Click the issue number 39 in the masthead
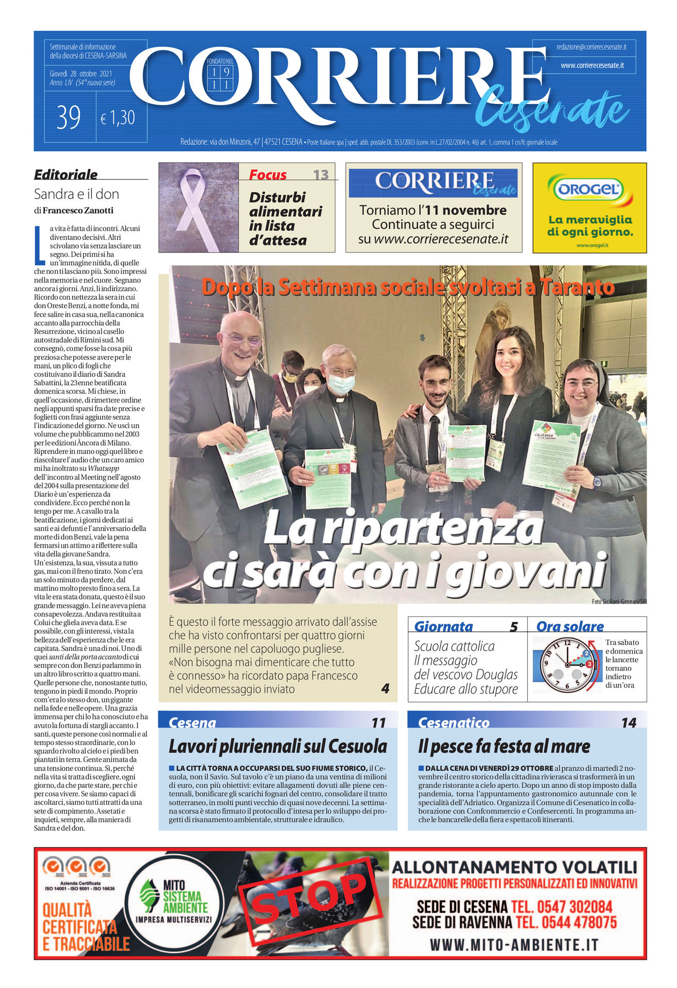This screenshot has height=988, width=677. pos(68,118)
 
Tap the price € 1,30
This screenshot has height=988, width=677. pos(118,118)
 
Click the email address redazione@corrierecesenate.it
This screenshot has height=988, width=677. pos(591,47)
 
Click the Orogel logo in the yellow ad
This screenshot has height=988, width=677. pos(589,189)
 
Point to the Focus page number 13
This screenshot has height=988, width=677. pos(321,175)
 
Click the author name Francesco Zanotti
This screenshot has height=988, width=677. pos(78,210)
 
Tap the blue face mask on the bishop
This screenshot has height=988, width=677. pos(341,383)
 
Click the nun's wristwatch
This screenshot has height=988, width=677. pos(597,482)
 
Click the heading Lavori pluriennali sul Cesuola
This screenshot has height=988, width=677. pos(277,746)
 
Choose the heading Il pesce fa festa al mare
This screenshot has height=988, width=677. pos(504,746)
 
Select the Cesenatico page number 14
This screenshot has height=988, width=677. pos(629,723)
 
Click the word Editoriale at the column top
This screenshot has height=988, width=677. pos(66,174)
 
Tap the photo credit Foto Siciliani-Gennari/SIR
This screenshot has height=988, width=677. pos(619,602)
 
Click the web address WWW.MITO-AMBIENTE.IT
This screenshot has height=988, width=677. pos(514,945)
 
